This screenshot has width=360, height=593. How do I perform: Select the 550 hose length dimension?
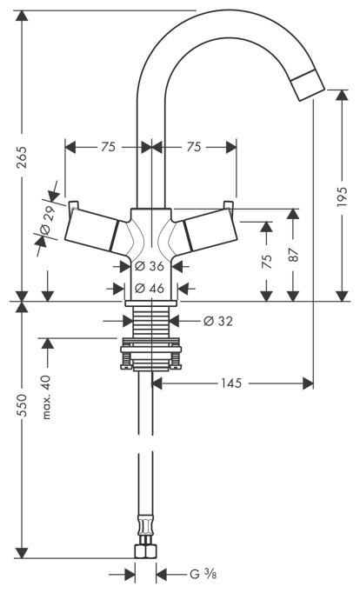point(23,405)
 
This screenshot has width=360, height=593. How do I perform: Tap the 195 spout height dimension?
point(342,197)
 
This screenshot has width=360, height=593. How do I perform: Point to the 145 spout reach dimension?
point(231,383)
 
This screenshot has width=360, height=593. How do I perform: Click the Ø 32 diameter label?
point(217,321)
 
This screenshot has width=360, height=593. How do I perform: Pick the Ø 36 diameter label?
point(150,266)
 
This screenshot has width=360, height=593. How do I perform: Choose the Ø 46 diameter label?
point(150,289)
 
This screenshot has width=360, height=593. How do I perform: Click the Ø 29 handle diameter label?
point(49,219)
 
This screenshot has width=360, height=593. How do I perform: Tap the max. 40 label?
point(46,397)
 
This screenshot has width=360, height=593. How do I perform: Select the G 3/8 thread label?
point(203,575)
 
